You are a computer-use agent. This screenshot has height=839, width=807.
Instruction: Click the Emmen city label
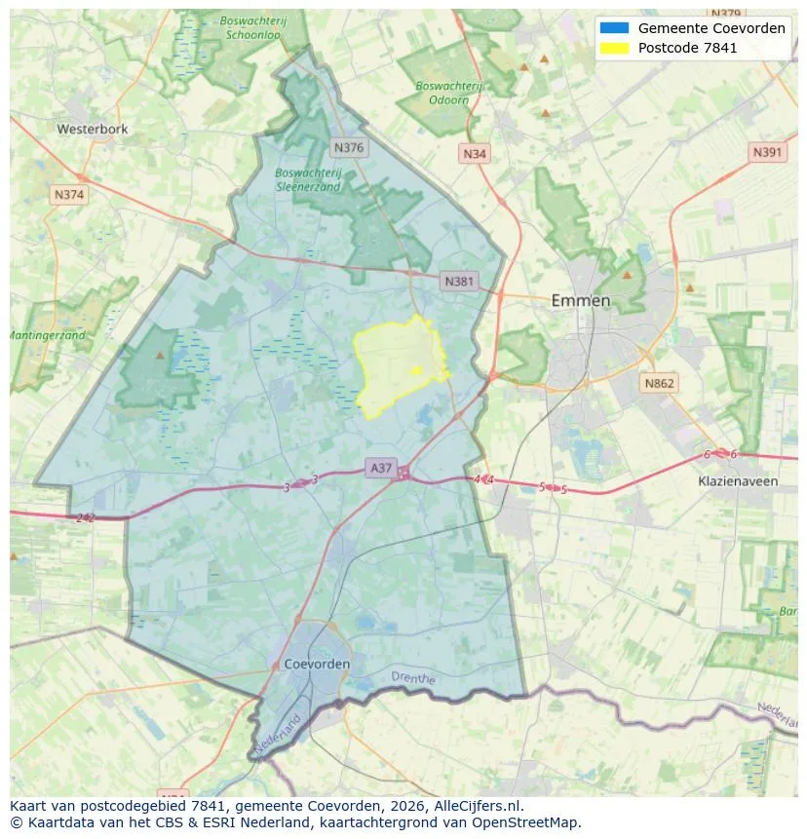pos(581,300)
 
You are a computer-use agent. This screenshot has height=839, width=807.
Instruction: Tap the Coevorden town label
pos(318,664)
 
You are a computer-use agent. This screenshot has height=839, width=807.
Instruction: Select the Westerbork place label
pos(93,129)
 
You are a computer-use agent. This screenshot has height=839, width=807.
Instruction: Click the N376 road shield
pos(348,148)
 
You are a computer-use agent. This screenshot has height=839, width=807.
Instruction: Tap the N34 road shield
pos(475,154)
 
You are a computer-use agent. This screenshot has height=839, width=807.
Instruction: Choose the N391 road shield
pos(768,153)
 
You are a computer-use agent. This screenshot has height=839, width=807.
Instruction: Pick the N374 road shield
pos(69,195)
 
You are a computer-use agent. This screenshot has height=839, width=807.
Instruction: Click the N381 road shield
pos(458,282)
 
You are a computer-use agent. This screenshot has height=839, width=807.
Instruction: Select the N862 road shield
pos(659,383)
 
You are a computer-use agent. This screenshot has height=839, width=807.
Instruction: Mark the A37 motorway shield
pos(381,469)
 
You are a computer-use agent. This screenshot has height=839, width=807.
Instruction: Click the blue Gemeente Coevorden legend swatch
pos(614,28)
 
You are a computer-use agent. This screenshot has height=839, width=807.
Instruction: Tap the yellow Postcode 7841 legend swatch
pos(614,48)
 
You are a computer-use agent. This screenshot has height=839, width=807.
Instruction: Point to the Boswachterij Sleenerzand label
pos(308,179)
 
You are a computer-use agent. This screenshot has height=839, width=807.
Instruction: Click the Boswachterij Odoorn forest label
pos(448,93)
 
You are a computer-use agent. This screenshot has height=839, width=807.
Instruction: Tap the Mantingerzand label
pos(47,335)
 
